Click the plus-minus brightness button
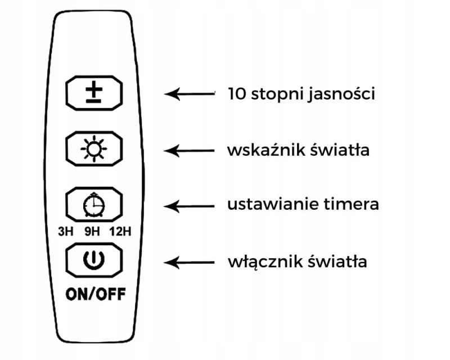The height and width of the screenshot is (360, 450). [93, 93]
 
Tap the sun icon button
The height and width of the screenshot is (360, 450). [93, 149]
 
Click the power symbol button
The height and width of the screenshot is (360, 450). [93, 260]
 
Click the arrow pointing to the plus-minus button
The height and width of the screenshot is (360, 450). [190, 93]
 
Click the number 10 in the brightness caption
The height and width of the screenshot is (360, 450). [236, 93]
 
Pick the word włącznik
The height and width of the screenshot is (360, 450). [260, 262]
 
